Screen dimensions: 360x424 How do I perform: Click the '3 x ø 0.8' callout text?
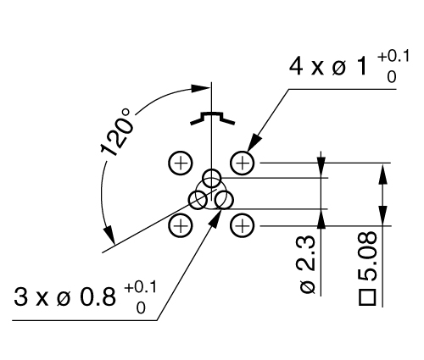[64, 297]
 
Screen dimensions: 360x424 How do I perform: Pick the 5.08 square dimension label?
[369, 262]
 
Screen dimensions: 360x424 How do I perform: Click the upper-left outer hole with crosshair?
[180, 161]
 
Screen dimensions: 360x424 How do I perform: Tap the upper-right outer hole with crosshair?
[243, 161]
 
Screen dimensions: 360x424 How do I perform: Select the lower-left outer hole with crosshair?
[180, 224]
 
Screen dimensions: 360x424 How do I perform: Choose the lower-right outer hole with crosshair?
[243, 224]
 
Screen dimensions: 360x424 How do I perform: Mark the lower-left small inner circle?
[198, 200]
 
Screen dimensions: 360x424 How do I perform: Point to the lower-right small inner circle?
[224, 200]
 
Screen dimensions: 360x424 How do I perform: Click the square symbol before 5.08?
[368, 297]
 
